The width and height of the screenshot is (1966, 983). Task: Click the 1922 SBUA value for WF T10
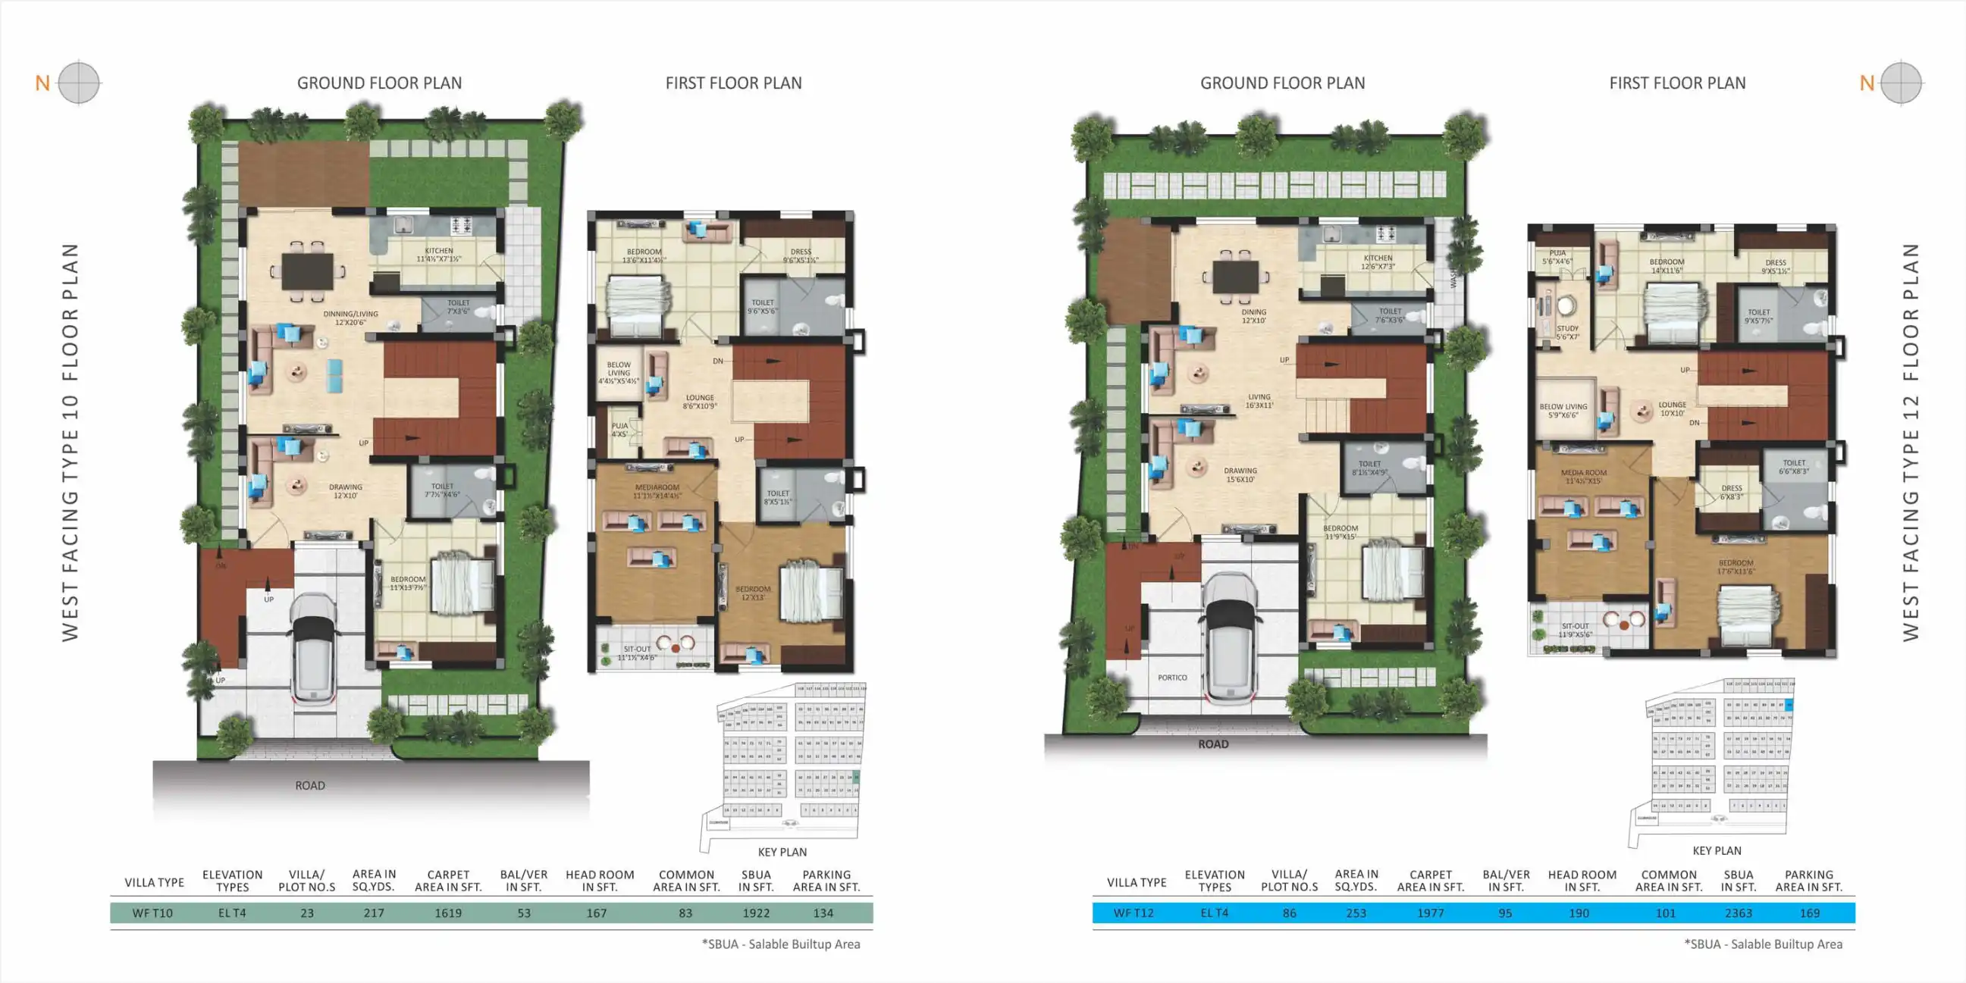(x=756, y=913)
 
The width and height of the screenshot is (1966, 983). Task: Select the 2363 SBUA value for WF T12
(x=1738, y=913)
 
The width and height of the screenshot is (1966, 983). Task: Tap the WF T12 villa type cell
(x=1134, y=913)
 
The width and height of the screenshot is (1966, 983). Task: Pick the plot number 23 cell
(x=307, y=913)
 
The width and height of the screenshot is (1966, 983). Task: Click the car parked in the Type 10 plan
(x=314, y=647)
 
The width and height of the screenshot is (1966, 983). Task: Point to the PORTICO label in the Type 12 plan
(x=1172, y=678)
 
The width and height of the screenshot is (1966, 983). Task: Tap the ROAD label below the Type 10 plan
(x=310, y=785)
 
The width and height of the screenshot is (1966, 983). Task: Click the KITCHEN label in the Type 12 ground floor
(x=1378, y=258)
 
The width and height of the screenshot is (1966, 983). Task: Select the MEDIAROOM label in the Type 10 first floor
(x=657, y=487)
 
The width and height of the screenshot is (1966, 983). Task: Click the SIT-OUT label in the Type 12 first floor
(x=1575, y=626)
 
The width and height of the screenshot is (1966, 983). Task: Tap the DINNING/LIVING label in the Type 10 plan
(x=350, y=314)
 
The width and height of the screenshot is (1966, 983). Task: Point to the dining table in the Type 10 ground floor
(x=308, y=270)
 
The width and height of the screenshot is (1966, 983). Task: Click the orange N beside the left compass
(x=42, y=83)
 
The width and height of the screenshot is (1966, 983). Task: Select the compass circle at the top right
(x=1900, y=83)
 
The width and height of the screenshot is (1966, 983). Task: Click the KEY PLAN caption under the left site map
(x=782, y=852)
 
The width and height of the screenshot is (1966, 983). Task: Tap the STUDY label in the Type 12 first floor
(x=1568, y=328)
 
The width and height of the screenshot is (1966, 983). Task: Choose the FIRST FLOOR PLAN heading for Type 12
(x=1676, y=83)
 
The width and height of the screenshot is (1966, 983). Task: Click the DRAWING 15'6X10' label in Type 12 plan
(x=1240, y=474)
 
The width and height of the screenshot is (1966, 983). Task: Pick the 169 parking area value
(x=1809, y=913)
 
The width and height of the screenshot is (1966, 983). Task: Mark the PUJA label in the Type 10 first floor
(x=619, y=426)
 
